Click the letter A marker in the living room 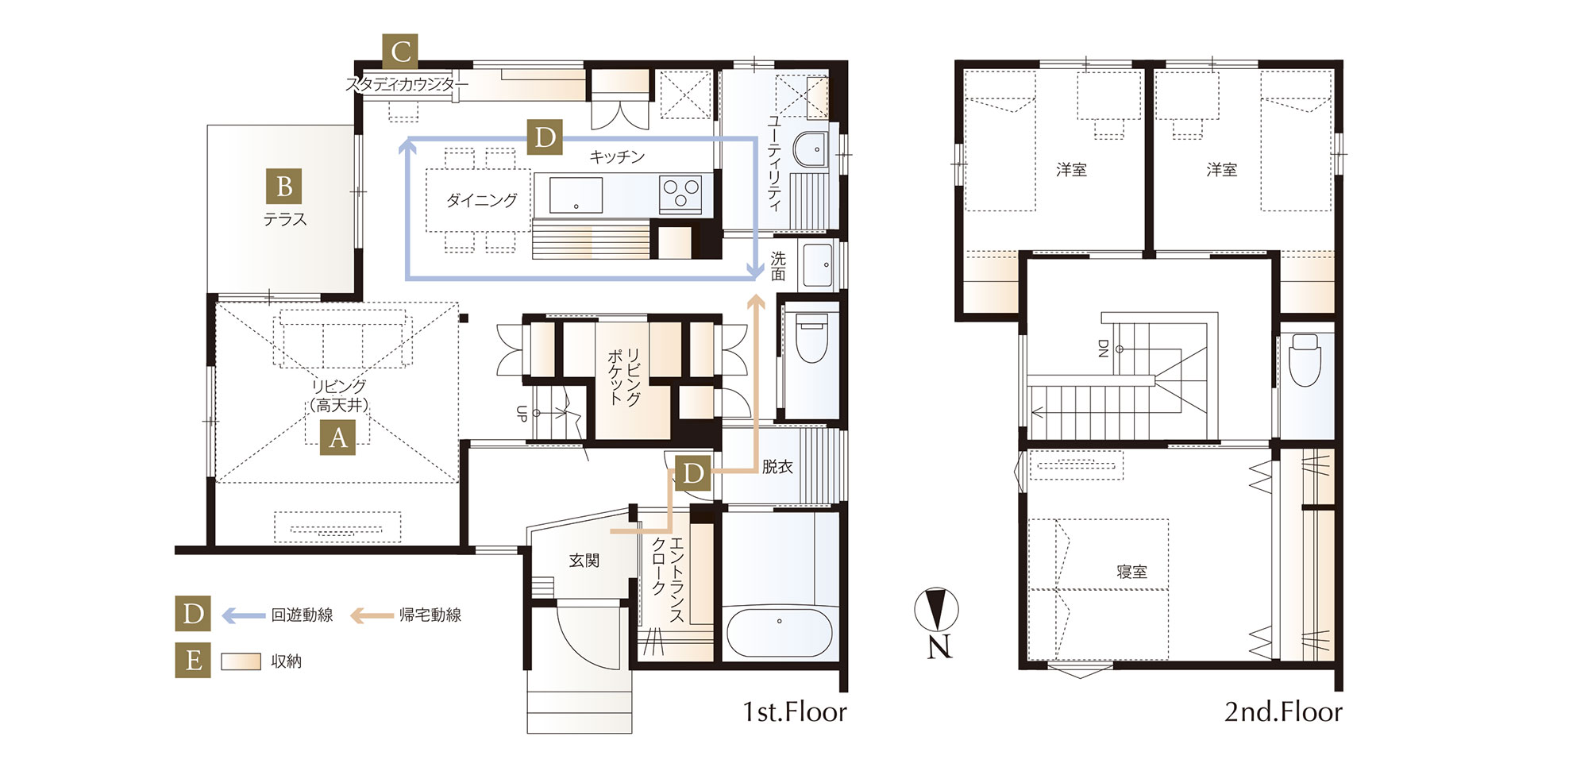click(338, 437)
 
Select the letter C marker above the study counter click(400, 52)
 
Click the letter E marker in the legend click(193, 660)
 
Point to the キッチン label click(617, 157)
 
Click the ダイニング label click(481, 200)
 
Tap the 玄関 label click(584, 561)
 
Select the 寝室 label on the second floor click(1131, 572)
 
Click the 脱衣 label click(777, 467)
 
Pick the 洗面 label click(778, 266)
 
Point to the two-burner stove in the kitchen click(680, 194)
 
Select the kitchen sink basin click(576, 195)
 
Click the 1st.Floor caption click(795, 711)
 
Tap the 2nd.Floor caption click(1283, 711)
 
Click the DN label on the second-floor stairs click(1103, 349)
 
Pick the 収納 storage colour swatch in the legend click(241, 661)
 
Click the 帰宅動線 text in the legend click(430, 615)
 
